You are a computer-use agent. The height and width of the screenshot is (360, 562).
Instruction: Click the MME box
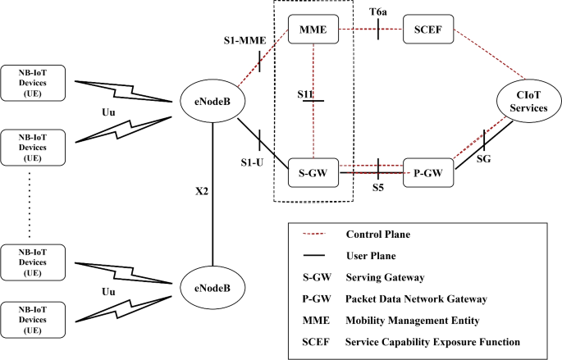click(x=313, y=30)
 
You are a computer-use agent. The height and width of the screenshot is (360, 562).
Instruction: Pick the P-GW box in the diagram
click(x=429, y=172)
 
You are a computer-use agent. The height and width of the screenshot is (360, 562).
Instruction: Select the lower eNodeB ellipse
click(x=212, y=289)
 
